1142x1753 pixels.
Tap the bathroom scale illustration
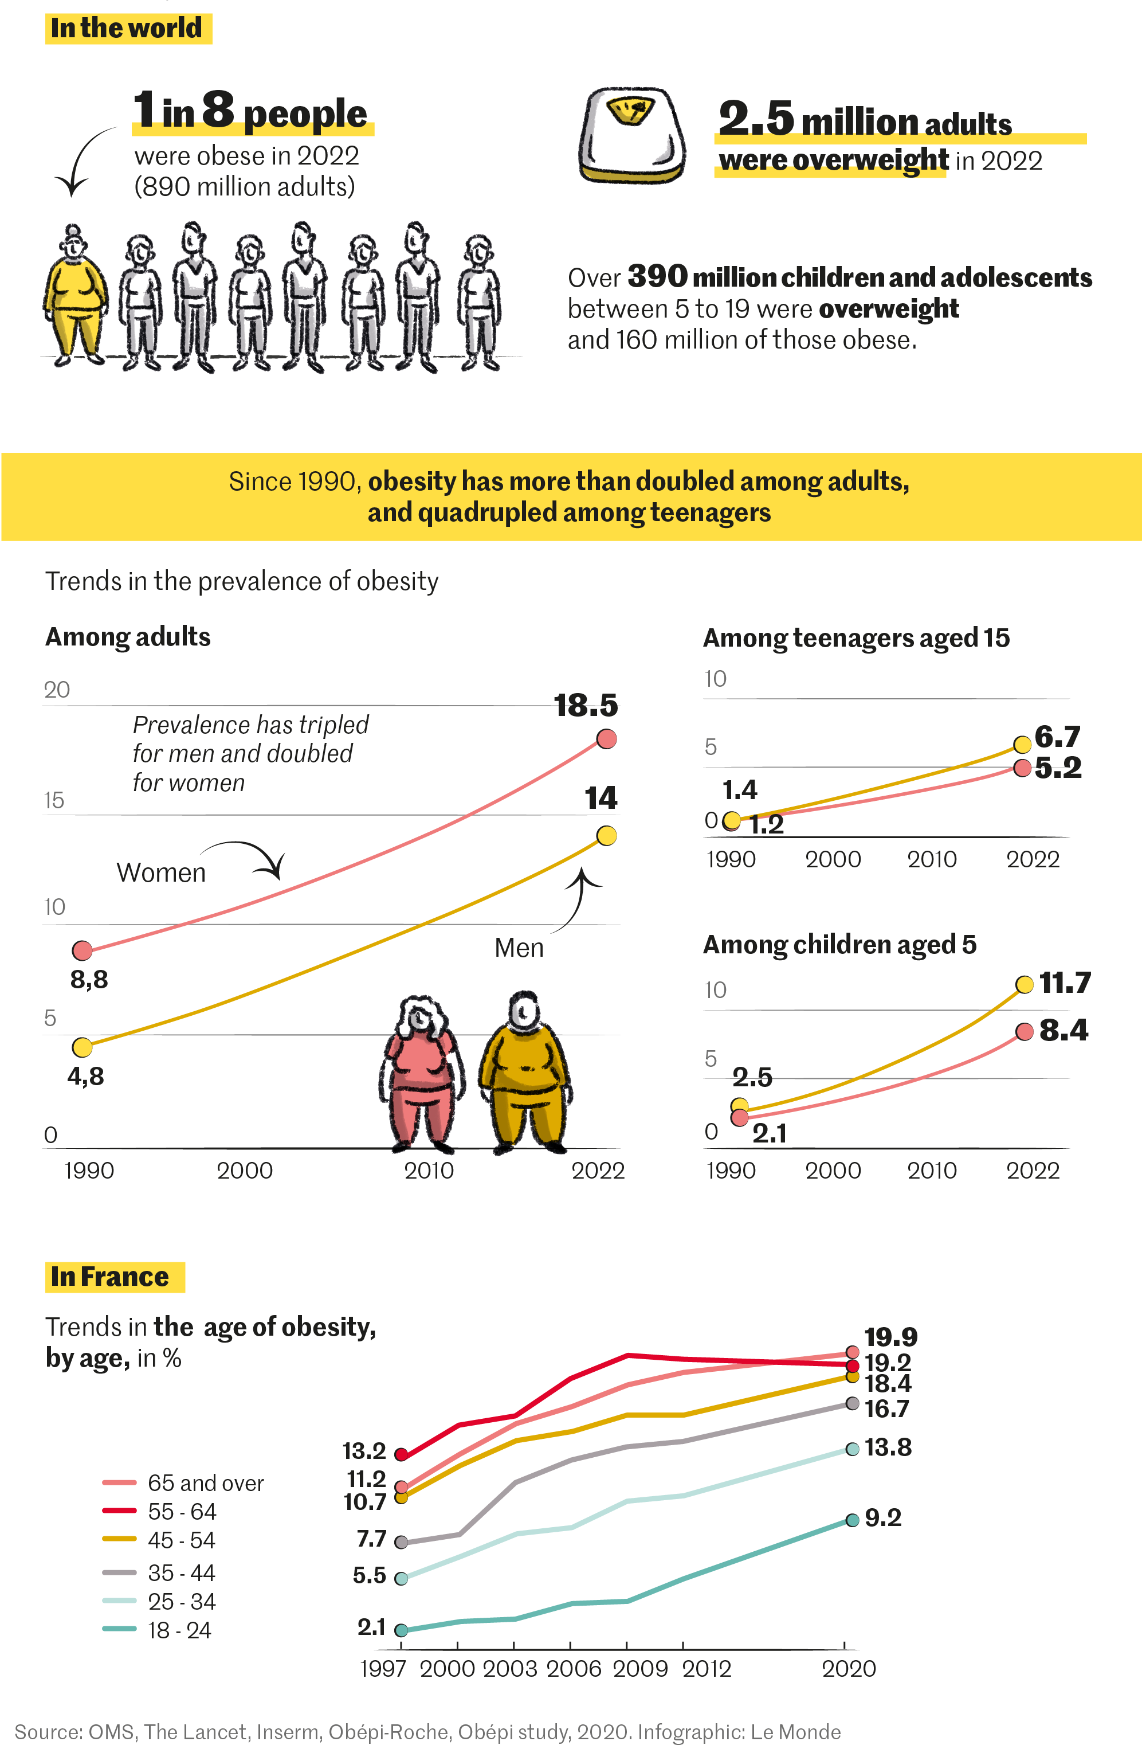pos(632,135)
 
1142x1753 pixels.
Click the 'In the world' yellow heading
pos(127,29)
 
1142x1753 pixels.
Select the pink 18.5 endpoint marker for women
pos(606,739)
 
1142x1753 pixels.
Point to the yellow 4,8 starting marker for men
pos(83,1047)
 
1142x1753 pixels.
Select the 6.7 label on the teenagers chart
pos(1057,737)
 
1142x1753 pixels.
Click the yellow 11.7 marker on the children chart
pos(1023,985)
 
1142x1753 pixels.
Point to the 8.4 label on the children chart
pos(1063,1031)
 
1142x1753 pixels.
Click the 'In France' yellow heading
pos(113,1277)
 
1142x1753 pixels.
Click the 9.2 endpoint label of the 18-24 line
pos(883,1518)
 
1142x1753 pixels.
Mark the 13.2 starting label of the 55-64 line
pos(364,1451)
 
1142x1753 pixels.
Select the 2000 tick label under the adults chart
pos(245,1171)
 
